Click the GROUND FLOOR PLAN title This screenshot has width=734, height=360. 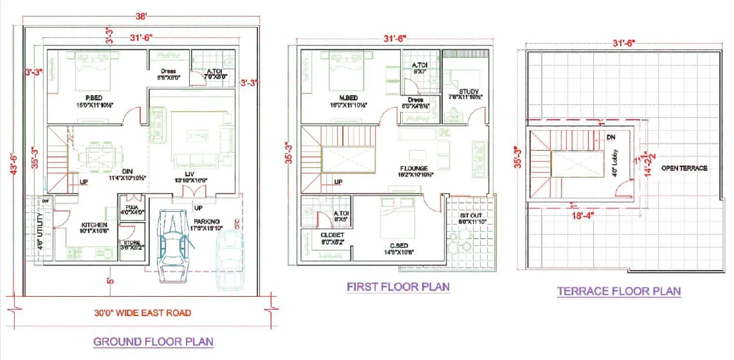coord(153,342)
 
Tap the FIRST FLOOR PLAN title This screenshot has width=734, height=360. coord(398,287)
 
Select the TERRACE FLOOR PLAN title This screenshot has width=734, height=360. coord(619,291)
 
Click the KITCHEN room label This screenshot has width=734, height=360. coord(94,225)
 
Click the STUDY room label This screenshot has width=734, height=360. coord(468,92)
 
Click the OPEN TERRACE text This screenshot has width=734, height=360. coord(684,168)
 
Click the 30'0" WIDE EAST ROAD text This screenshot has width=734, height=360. coord(142,313)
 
